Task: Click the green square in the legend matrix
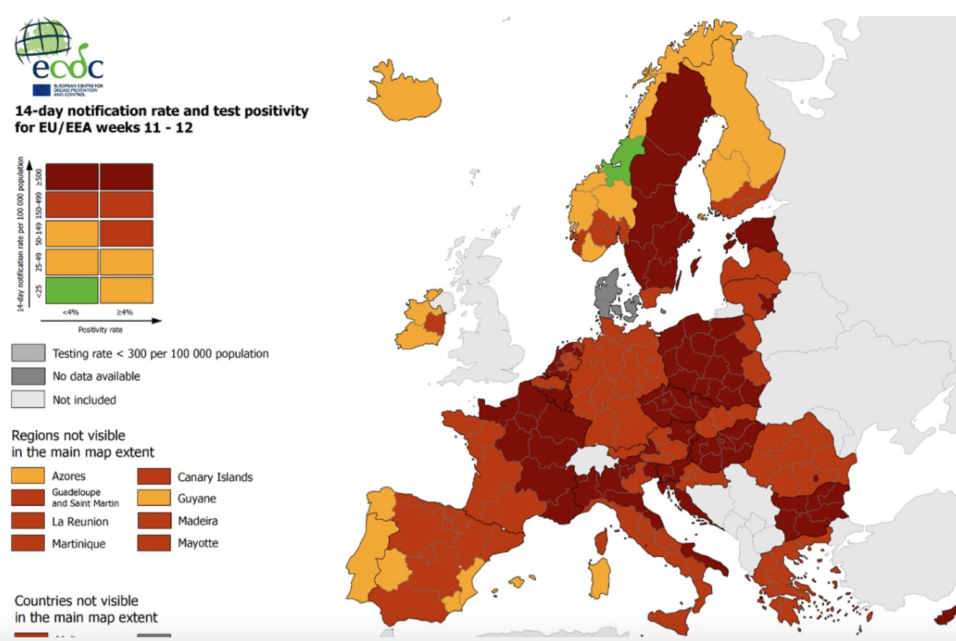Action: (72, 290)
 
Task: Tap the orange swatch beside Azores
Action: (28, 476)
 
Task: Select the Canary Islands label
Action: (215, 477)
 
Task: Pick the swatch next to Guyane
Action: (154, 498)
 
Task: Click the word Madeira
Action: (197, 521)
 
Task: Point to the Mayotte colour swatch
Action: (154, 543)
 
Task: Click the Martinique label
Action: (79, 543)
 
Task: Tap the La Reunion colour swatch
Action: (28, 521)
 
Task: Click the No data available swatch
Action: (28, 376)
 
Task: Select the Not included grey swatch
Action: (28, 399)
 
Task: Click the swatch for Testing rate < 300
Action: (28, 353)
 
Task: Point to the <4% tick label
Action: (71, 312)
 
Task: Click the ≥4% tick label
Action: (125, 312)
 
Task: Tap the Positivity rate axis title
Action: (100, 330)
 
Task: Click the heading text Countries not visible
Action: (76, 601)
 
